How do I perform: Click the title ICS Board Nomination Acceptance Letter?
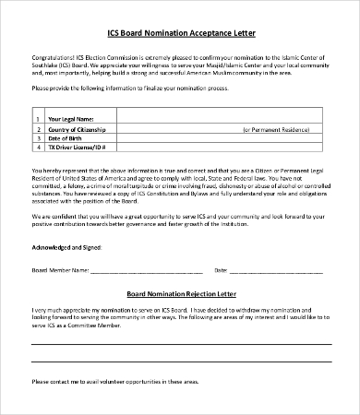179,33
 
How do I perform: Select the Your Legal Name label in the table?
71,119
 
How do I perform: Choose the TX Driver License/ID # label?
78,147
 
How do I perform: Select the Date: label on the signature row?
221,270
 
